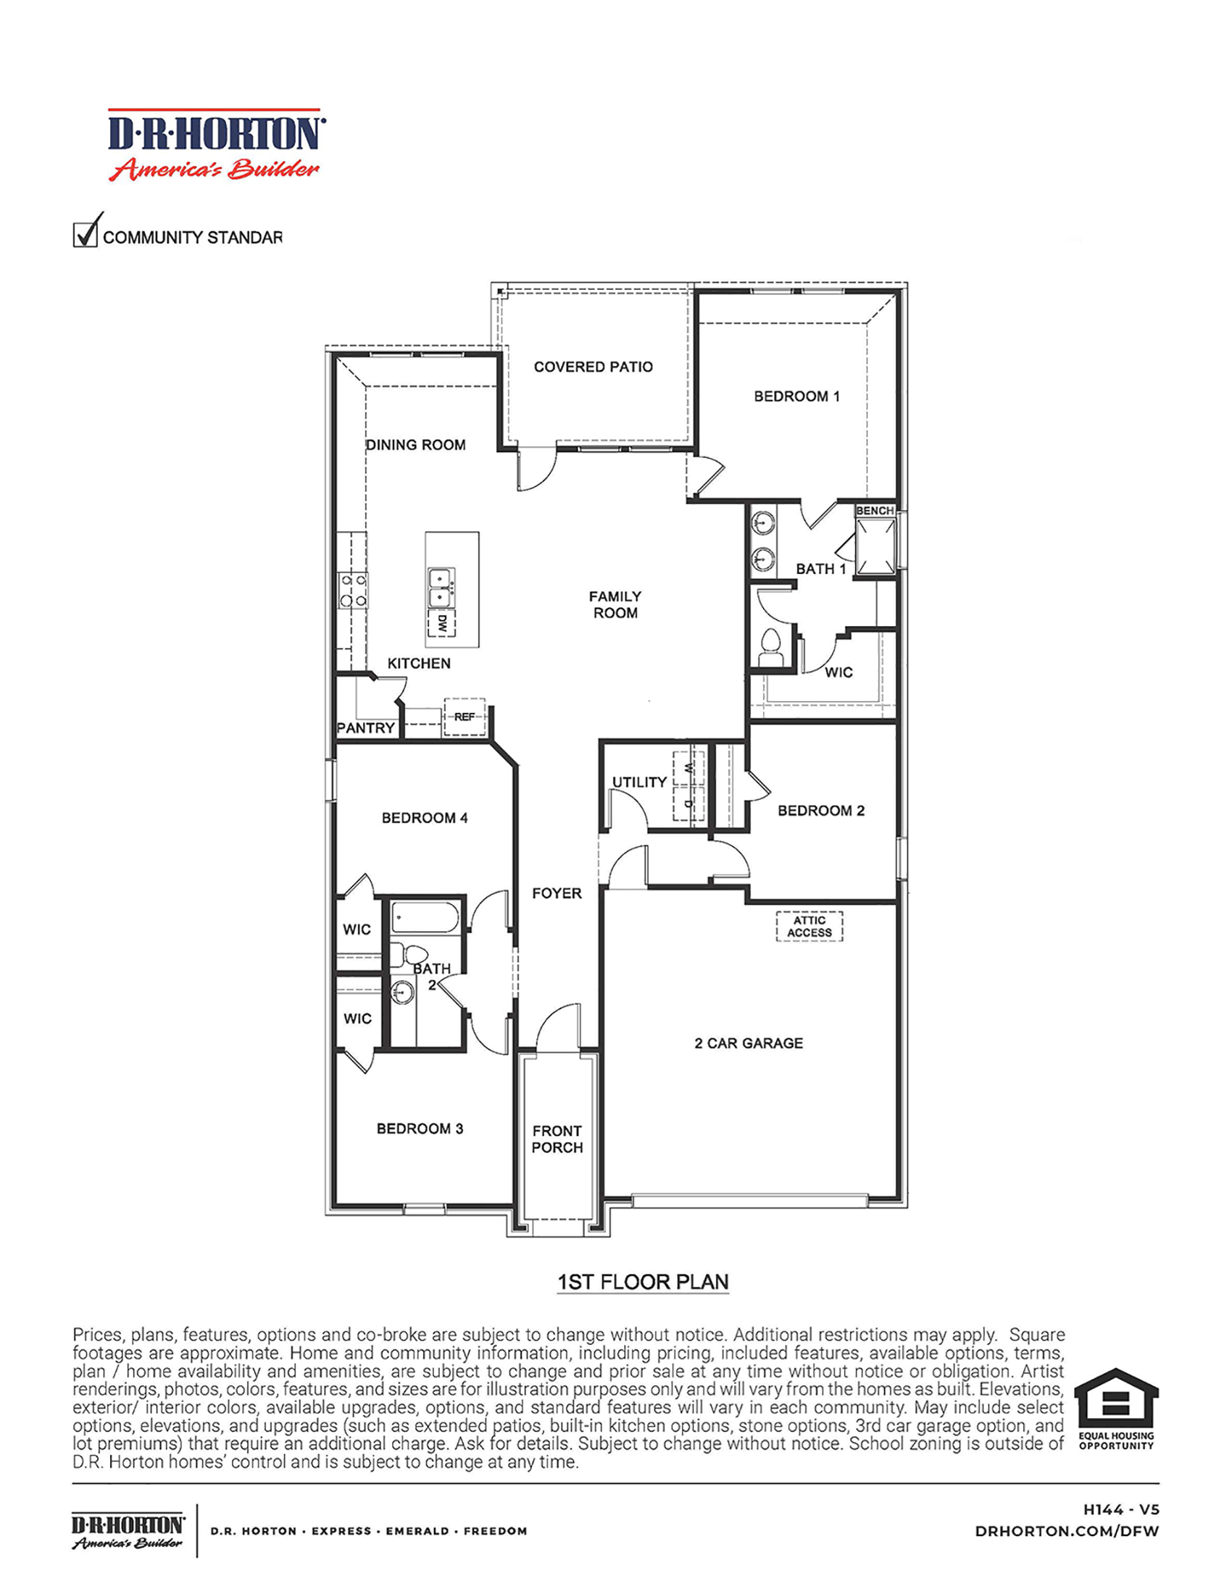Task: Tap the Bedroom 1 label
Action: [x=796, y=396]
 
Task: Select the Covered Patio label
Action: [x=593, y=367]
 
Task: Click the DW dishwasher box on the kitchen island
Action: [x=441, y=623]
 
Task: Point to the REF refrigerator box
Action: [x=465, y=717]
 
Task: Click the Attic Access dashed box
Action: [x=809, y=926]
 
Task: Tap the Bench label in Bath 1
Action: [x=875, y=510]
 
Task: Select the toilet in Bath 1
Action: [x=770, y=646]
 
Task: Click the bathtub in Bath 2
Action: [x=425, y=917]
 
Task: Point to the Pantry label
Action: [x=366, y=727]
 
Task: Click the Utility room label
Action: [x=638, y=782]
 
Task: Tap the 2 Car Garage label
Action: [x=748, y=1043]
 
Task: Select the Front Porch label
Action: [x=557, y=1138]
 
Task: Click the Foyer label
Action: [x=556, y=893]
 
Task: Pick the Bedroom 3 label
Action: [x=420, y=1128]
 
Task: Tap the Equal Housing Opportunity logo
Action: [x=1116, y=1408]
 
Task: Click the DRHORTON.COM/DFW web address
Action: [x=1066, y=1531]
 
